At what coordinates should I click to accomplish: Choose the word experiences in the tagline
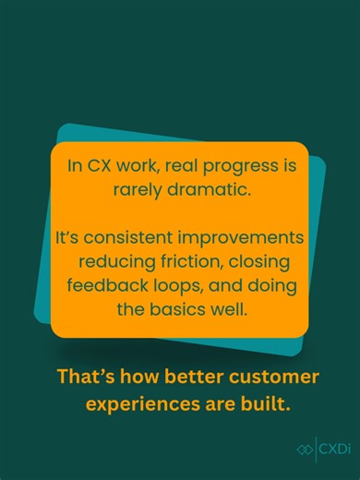[x=135, y=403]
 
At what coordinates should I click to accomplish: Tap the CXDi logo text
[x=331, y=450]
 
